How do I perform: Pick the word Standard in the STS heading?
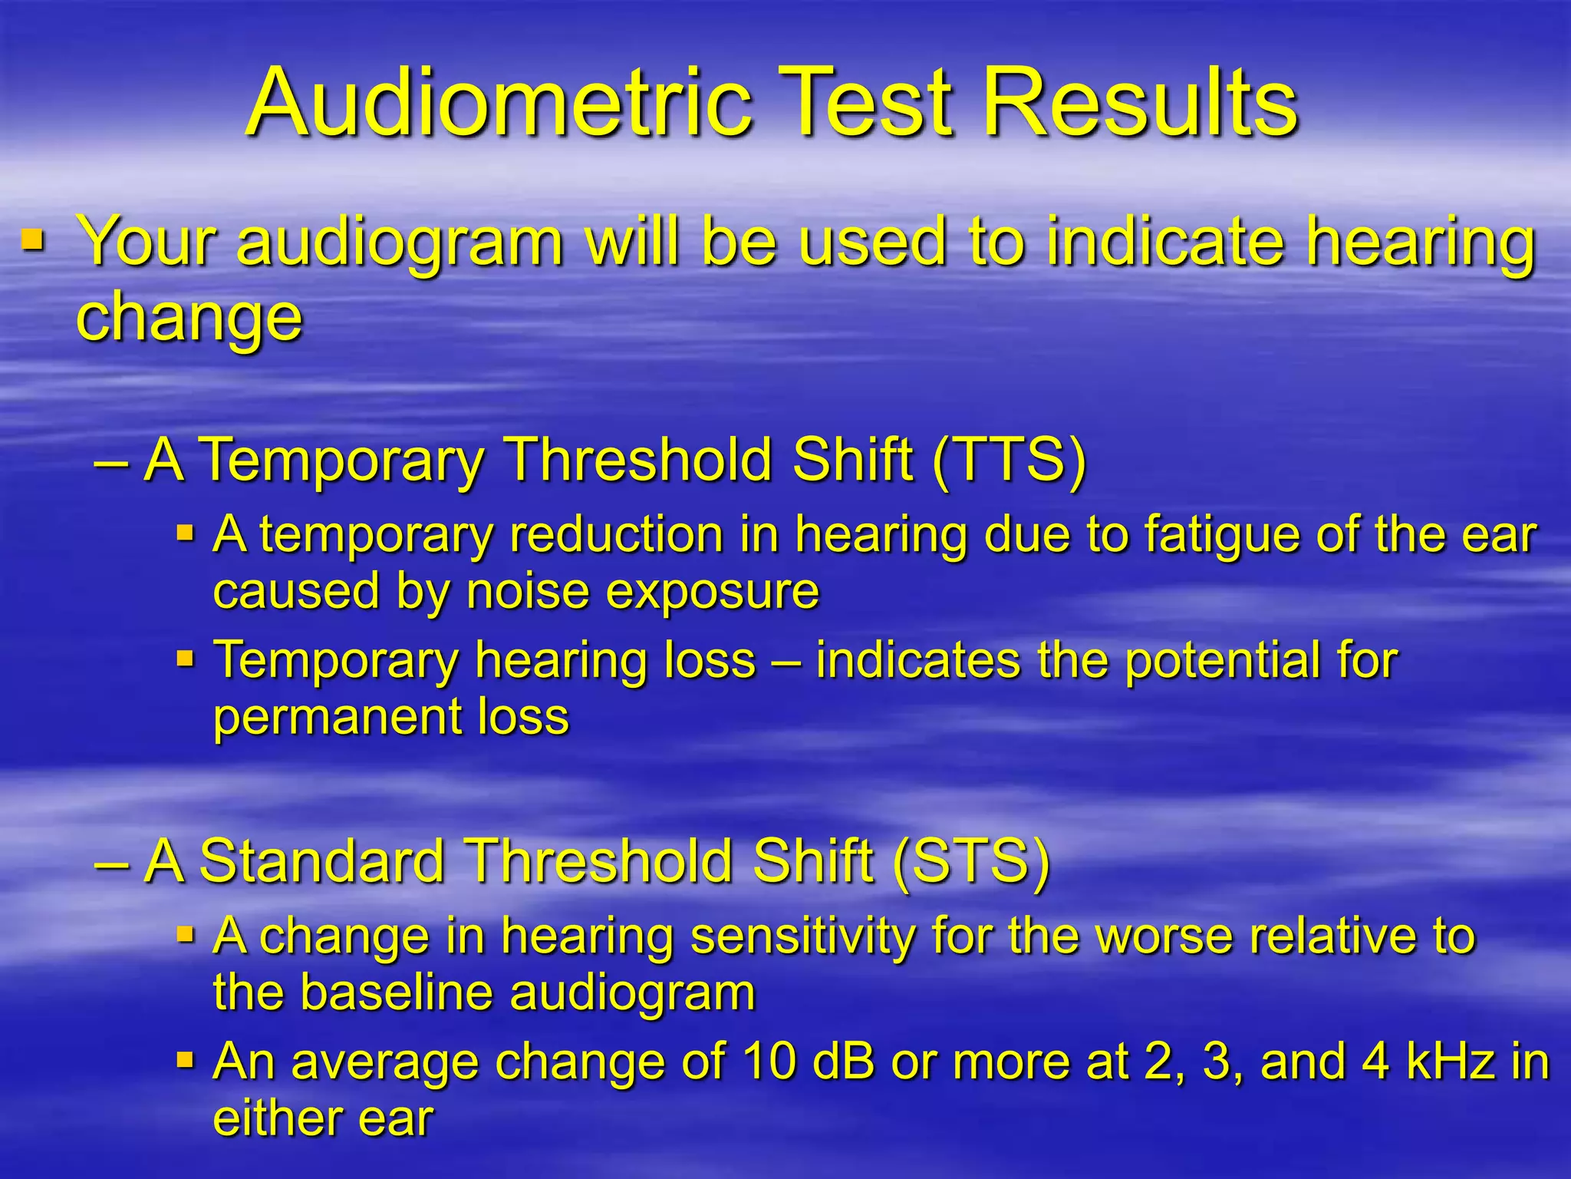tap(322, 861)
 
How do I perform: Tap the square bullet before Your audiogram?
tap(33, 241)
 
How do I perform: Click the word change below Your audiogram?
tap(189, 318)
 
